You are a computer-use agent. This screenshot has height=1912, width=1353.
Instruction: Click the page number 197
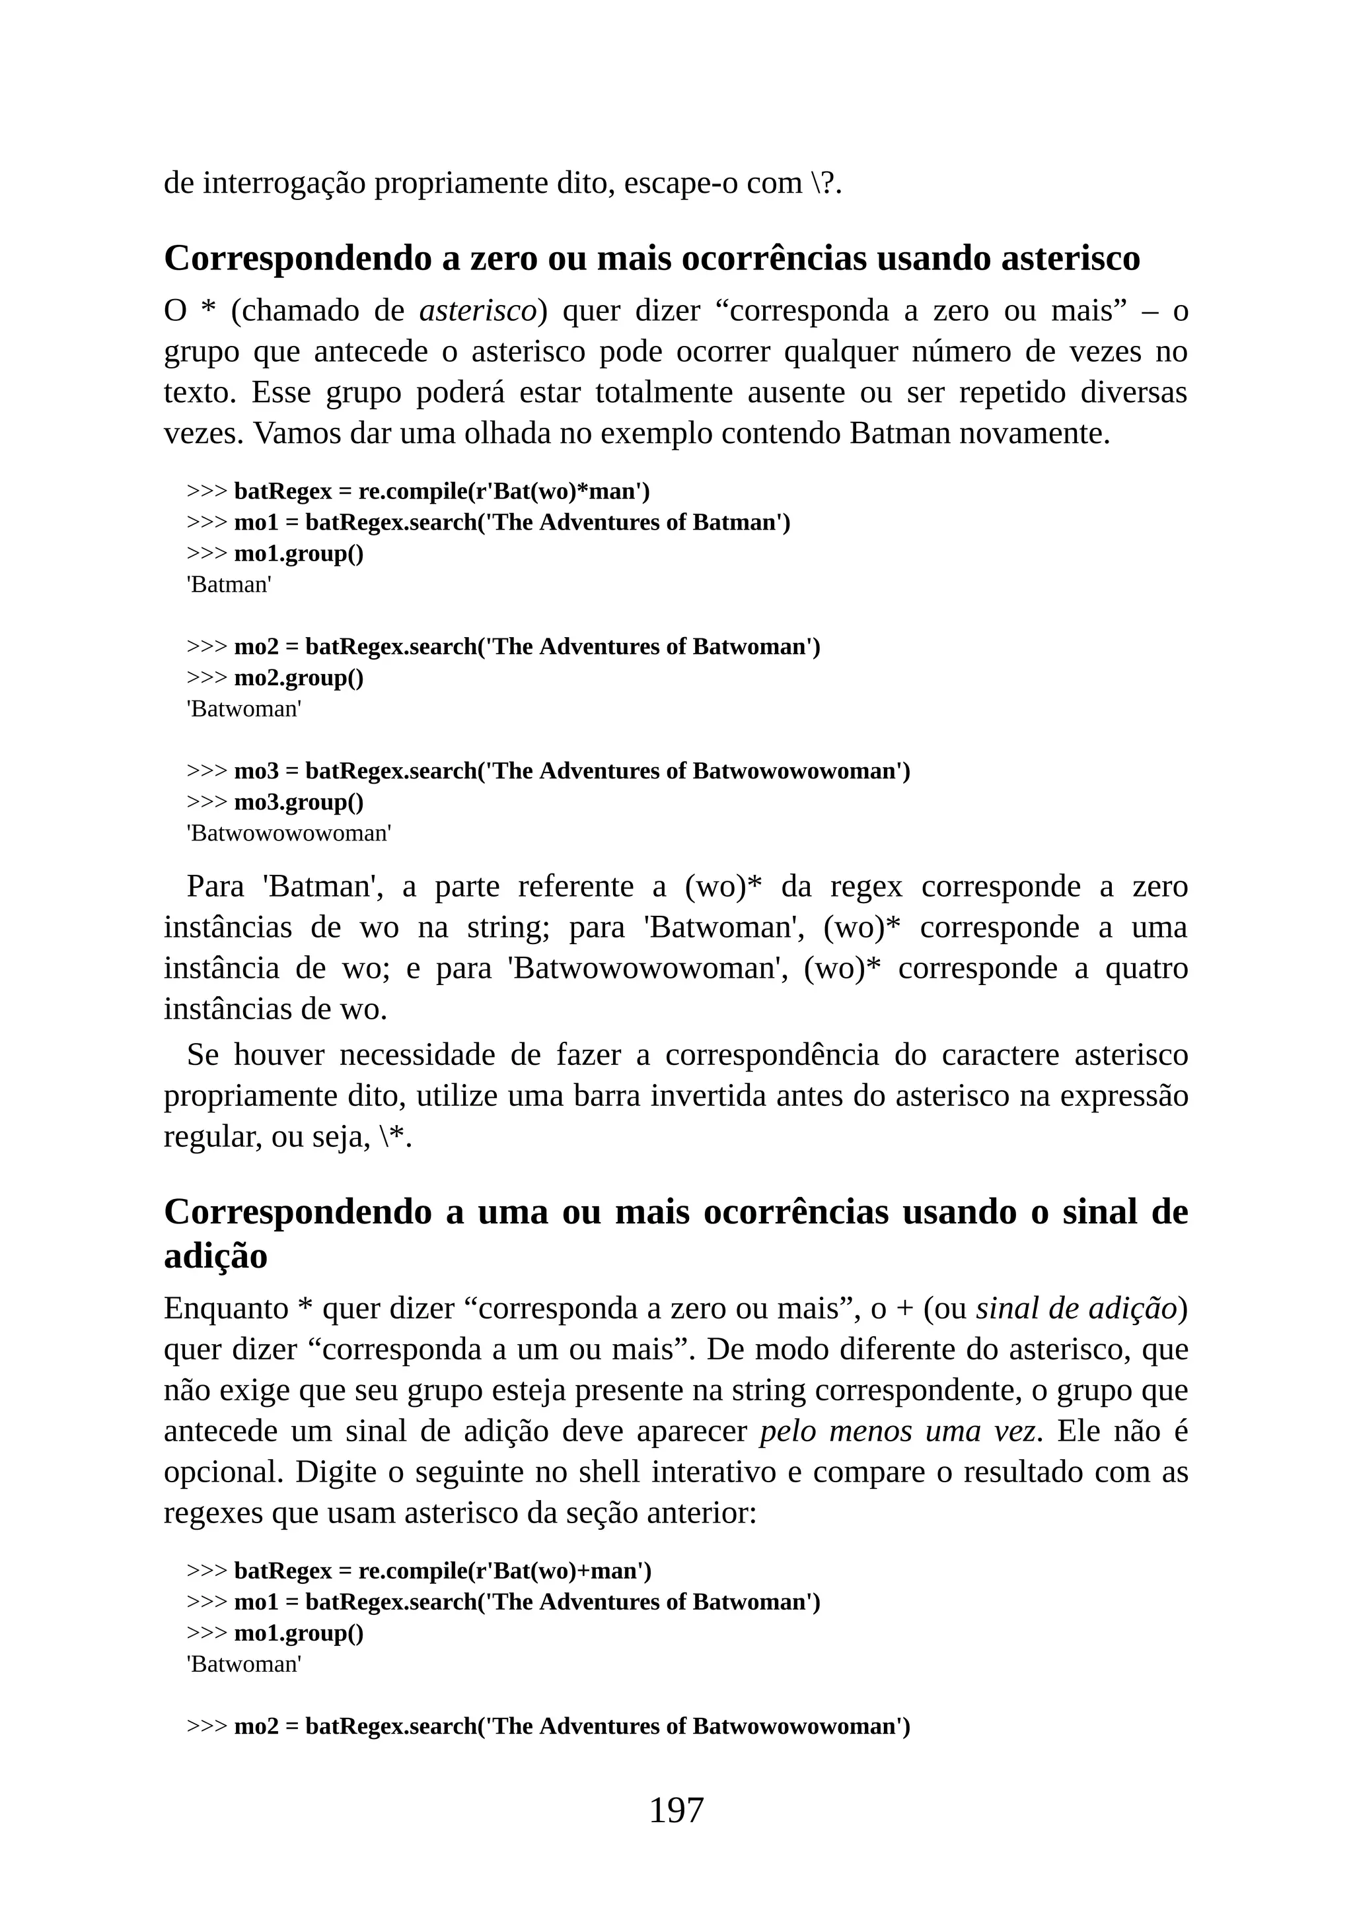pyautogui.click(x=676, y=1810)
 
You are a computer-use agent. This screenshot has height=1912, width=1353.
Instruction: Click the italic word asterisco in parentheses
pyautogui.click(x=478, y=310)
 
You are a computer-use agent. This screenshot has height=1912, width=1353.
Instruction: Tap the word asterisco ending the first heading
pyautogui.click(x=1070, y=258)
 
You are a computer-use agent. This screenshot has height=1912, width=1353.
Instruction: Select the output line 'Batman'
pyautogui.click(x=229, y=584)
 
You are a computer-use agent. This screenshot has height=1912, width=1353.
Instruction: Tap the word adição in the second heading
pyautogui.click(x=216, y=1256)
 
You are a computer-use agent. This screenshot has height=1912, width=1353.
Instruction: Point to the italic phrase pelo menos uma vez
pyautogui.click(x=899, y=1431)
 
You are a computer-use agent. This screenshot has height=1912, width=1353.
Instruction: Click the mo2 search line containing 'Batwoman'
pyautogui.click(x=527, y=647)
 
